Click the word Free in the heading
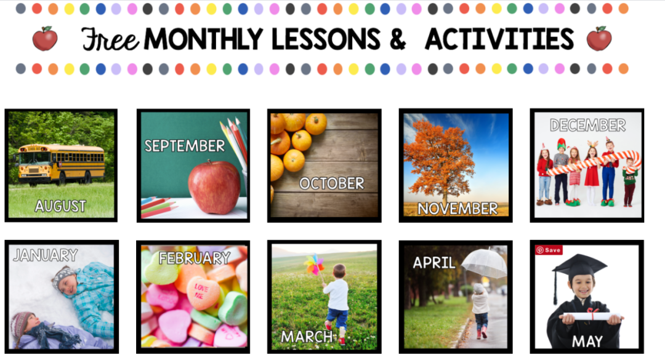(x=110, y=39)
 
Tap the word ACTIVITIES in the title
(x=499, y=39)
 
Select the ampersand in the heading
(x=397, y=39)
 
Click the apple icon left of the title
(x=45, y=39)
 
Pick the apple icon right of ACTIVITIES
(x=599, y=39)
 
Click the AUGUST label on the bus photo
(x=60, y=206)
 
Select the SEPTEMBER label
(x=185, y=146)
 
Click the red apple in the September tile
(x=214, y=187)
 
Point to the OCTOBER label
(x=332, y=183)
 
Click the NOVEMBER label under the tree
(x=457, y=209)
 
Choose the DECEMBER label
(x=588, y=125)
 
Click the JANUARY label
(x=46, y=255)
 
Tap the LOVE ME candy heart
(x=204, y=292)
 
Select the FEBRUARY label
(x=195, y=258)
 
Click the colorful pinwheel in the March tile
(x=314, y=264)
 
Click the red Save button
(x=549, y=250)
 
